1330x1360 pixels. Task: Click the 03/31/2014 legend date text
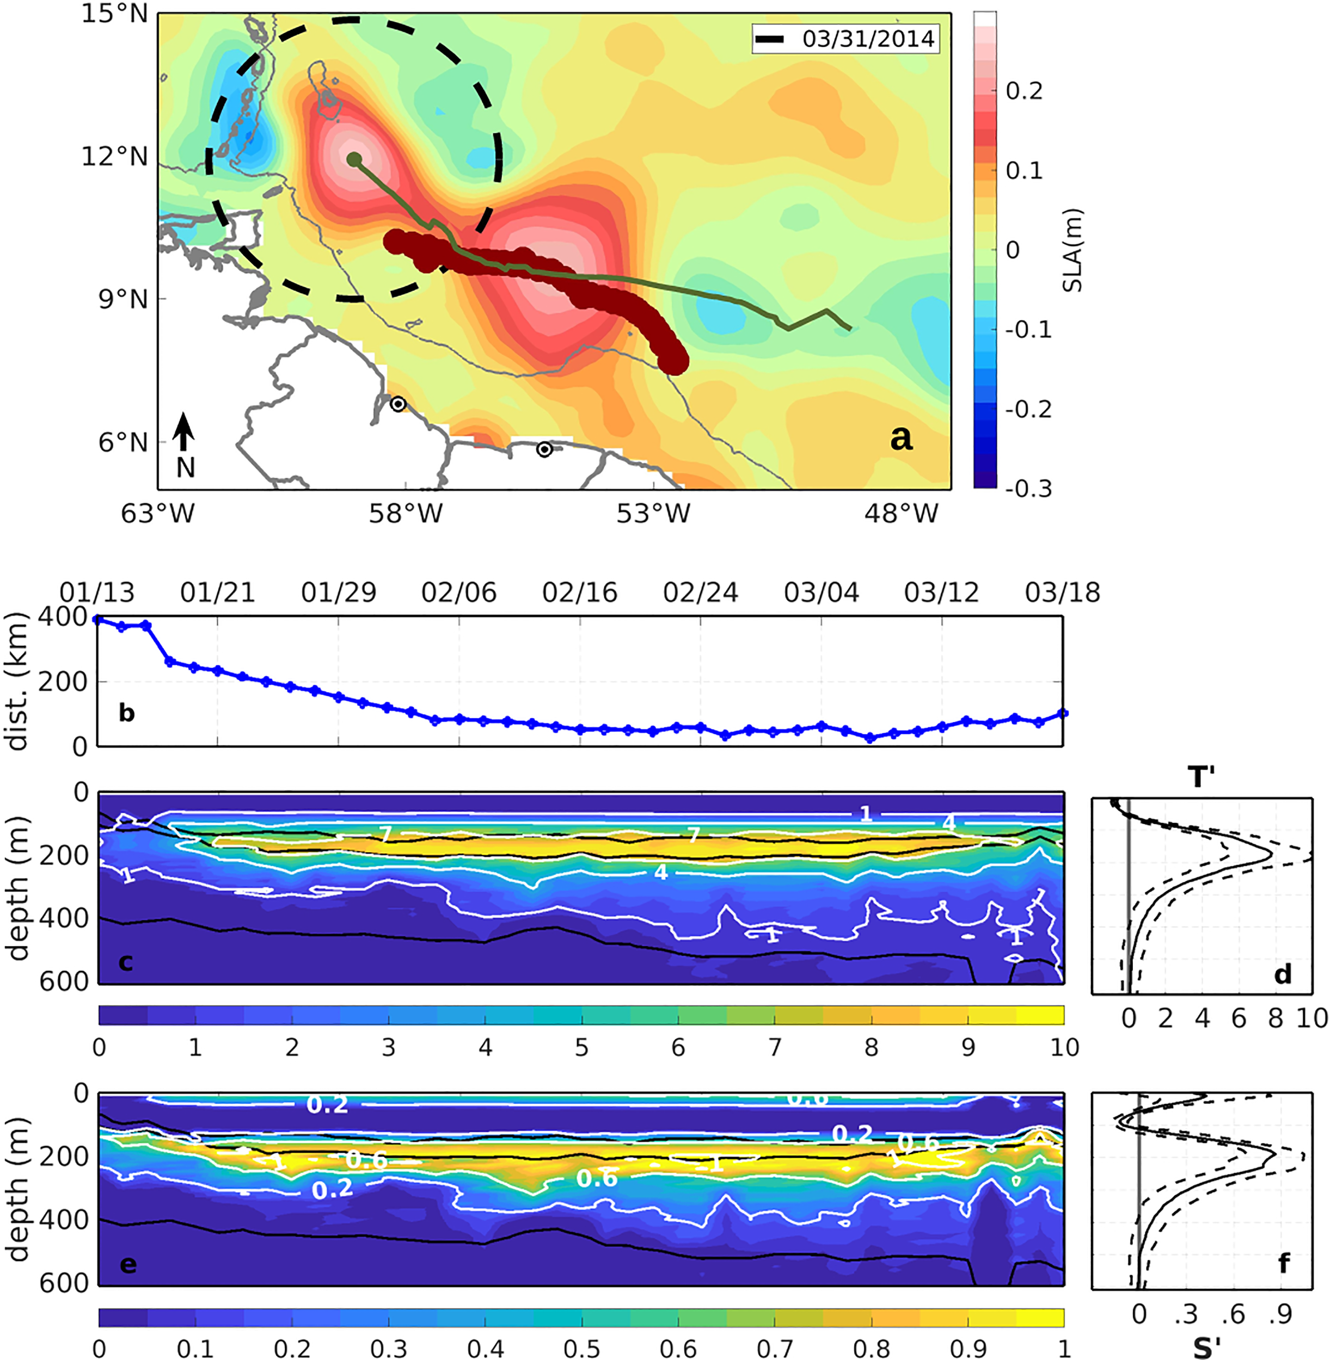tap(868, 39)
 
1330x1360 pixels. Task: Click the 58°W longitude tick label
tap(405, 515)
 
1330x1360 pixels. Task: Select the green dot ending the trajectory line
tap(354, 159)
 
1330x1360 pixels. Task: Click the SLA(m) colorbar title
tap(1071, 250)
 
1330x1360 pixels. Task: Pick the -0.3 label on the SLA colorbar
tap(1028, 489)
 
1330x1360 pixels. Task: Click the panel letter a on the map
tap(901, 438)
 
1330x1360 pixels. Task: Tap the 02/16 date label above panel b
tap(580, 593)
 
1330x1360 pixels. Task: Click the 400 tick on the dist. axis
tap(67, 617)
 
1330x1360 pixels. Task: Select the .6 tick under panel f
tap(1233, 1315)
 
